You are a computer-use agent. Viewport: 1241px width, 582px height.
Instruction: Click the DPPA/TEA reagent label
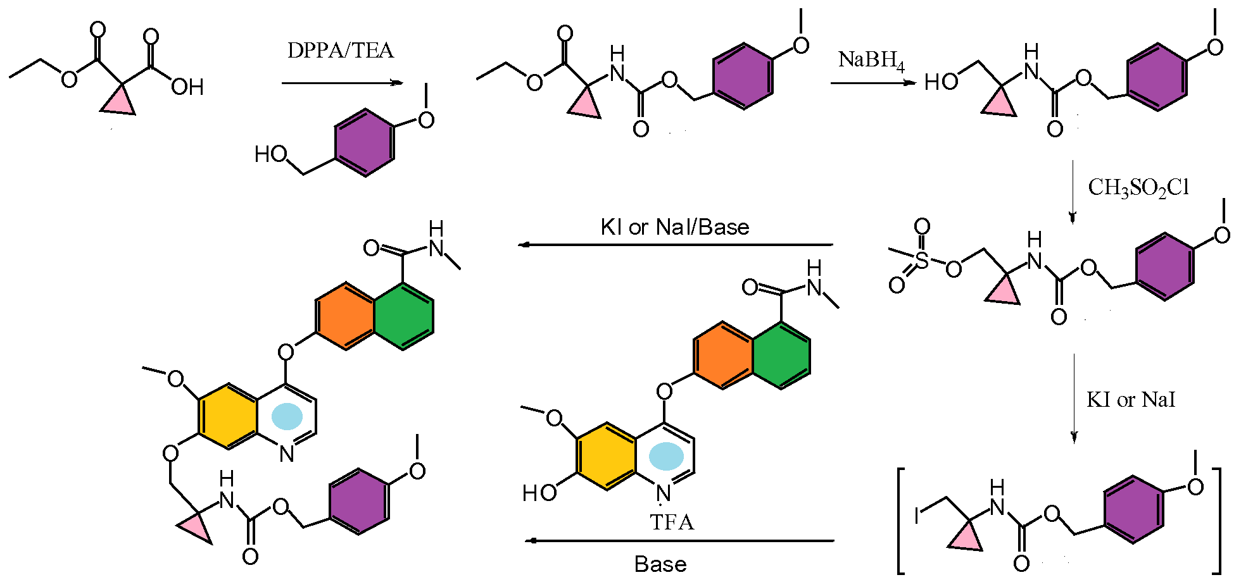click(341, 51)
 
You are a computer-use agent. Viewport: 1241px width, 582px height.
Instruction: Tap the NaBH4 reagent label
click(871, 60)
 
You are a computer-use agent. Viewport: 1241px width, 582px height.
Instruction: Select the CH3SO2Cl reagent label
click(1138, 188)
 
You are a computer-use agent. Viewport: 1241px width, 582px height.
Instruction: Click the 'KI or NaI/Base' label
click(674, 227)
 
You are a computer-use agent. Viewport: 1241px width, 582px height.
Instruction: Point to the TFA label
click(672, 523)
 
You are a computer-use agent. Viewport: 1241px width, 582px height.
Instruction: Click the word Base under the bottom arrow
click(660, 564)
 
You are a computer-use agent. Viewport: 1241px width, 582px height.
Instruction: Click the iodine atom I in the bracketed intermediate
click(916, 516)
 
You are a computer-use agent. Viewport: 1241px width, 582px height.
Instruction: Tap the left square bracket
click(902, 520)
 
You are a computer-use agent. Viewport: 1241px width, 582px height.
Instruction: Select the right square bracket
click(1217, 520)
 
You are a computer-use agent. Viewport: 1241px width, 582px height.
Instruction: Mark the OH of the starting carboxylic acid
click(187, 87)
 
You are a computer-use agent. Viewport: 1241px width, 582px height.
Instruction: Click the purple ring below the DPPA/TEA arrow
click(364, 142)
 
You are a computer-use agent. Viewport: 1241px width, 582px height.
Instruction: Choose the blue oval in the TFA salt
click(666, 456)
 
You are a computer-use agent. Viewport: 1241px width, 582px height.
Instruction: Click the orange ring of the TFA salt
click(723, 355)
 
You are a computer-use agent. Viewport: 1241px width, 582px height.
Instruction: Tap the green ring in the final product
click(404, 316)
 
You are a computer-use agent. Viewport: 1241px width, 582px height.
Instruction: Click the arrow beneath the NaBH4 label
click(872, 83)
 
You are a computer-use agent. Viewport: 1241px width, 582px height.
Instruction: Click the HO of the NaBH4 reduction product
click(941, 82)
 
